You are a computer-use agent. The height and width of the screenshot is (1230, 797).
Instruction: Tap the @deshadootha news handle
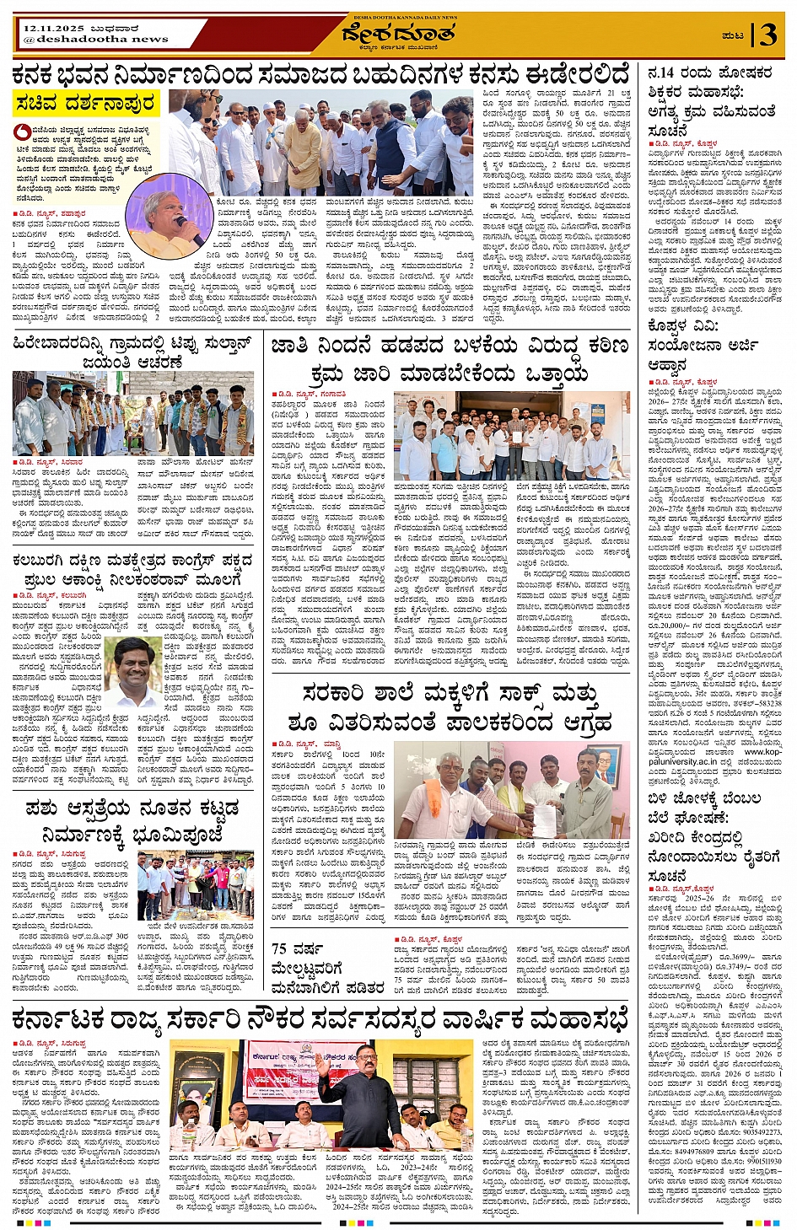[95, 39]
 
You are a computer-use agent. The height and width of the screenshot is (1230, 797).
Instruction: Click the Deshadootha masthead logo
[398, 35]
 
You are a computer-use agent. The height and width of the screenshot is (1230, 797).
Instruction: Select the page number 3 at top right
[767, 35]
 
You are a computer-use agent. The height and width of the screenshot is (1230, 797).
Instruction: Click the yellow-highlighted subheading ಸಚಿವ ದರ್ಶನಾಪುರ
[85, 105]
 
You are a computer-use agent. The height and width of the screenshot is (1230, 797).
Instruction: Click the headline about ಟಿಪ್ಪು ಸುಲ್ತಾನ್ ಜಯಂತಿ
[132, 352]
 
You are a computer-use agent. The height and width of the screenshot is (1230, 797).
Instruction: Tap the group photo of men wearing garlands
[132, 413]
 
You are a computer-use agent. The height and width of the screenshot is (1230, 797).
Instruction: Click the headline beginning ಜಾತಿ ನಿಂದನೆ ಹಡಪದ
[449, 359]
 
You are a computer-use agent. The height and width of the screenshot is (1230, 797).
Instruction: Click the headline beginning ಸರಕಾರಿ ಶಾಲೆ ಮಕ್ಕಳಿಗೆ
[449, 707]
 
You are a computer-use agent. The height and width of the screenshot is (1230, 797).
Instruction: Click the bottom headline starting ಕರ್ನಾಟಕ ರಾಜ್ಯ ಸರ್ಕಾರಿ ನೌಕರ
[320, 1019]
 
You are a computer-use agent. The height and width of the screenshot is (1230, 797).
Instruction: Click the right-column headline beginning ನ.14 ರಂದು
[710, 101]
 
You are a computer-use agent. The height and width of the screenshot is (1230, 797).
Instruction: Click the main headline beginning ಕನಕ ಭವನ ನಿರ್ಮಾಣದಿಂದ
[320, 74]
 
